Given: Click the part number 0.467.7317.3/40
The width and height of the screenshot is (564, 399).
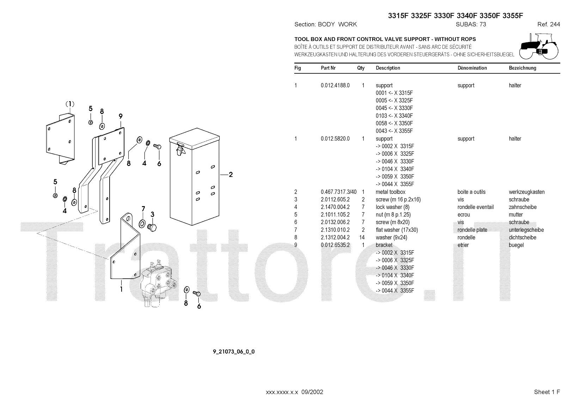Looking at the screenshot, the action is pyautogui.click(x=338, y=192).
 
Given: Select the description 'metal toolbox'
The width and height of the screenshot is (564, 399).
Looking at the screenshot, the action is pyautogui.click(x=391, y=192).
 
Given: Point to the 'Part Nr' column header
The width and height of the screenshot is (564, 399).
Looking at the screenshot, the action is pyautogui.click(x=328, y=68).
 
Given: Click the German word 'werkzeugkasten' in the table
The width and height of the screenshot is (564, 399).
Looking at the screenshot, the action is pyautogui.click(x=527, y=192).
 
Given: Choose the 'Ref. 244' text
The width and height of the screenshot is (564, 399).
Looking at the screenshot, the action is pyautogui.click(x=548, y=24).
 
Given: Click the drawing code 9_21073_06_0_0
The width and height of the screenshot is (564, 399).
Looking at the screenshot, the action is pyautogui.click(x=234, y=352).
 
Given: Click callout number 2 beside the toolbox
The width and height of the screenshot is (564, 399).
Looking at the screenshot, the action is pyautogui.click(x=231, y=174).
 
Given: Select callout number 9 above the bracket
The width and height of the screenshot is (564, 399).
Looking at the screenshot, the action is pyautogui.click(x=121, y=116).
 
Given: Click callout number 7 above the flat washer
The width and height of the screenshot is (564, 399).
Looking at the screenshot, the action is pyautogui.click(x=143, y=209).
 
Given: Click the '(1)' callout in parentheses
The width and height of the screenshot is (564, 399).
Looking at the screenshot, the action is pyautogui.click(x=70, y=104).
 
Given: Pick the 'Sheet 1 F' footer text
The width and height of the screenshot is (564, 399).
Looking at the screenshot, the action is pyautogui.click(x=547, y=392).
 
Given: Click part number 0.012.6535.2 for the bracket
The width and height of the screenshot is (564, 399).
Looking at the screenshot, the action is pyautogui.click(x=335, y=245).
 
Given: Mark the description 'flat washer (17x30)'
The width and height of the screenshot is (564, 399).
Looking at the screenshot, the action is pyautogui.click(x=397, y=230).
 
